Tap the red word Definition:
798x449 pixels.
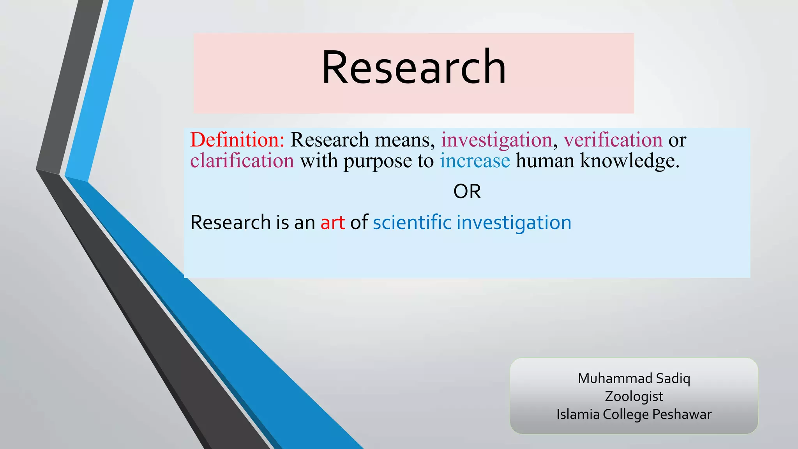pyautogui.click(x=237, y=140)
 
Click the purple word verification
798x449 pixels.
pyautogui.click(x=613, y=140)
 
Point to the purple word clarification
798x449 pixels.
pyautogui.click(x=242, y=161)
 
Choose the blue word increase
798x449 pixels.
pyautogui.click(x=475, y=161)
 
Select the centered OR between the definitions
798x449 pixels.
pyautogui.click(x=467, y=192)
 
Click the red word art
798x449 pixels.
pyautogui.click(x=332, y=223)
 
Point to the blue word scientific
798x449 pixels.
pyautogui.click(x=412, y=222)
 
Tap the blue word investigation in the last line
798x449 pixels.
pyautogui.click(x=514, y=223)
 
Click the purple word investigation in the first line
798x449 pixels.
pyautogui.click(x=496, y=140)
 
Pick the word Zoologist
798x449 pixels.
pyautogui.click(x=634, y=397)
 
